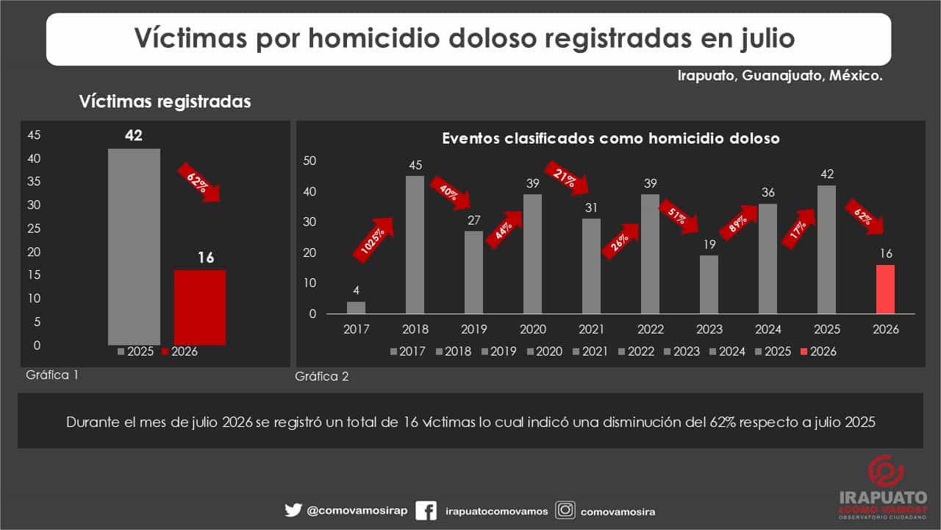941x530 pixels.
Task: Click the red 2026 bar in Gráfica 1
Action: tap(200, 308)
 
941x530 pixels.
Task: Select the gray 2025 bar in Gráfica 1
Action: tap(134, 247)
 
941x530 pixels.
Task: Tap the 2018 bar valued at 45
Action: tap(415, 245)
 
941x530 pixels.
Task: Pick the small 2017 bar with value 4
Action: tap(357, 308)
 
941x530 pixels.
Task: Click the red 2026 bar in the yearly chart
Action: tap(886, 289)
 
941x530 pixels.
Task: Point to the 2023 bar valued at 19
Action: tap(709, 285)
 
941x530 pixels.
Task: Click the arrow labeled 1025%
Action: tap(373, 240)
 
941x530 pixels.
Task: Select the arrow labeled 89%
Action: tap(739, 223)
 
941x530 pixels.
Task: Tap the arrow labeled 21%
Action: tap(567, 178)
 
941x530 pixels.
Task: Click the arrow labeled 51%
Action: tap(679, 216)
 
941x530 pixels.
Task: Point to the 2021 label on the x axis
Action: tap(592, 329)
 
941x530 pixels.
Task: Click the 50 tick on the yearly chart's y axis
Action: tap(310, 160)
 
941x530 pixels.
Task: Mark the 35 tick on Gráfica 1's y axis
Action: tap(34, 182)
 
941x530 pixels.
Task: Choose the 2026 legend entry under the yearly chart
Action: tap(819, 351)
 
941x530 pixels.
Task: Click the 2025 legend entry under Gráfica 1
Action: tap(136, 351)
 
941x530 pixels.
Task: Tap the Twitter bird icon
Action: tap(293, 510)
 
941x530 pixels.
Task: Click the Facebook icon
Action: tap(426, 511)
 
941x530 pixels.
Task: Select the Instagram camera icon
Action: tap(565, 510)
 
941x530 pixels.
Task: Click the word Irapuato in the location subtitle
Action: tap(706, 76)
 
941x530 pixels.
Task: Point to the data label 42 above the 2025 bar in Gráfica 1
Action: tap(134, 135)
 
